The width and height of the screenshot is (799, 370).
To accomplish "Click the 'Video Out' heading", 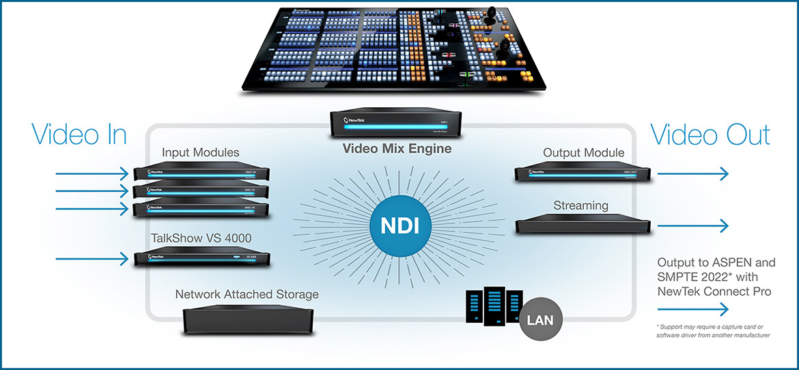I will click(x=710, y=134).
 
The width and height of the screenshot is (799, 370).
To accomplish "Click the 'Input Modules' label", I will click(x=201, y=152).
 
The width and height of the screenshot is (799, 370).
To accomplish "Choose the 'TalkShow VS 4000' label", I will click(x=201, y=238).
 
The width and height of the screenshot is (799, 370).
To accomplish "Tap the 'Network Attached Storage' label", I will click(x=247, y=295).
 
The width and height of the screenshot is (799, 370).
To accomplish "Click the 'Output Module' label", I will click(x=584, y=152).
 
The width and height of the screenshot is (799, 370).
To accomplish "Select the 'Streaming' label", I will click(x=581, y=205).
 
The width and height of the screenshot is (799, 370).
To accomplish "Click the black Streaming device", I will click(x=582, y=225).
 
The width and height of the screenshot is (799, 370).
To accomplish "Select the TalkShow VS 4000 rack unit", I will click(x=201, y=259).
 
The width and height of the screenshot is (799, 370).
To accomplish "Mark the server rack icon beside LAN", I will click(x=494, y=305).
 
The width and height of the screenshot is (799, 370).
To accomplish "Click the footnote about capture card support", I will click(x=714, y=331).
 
